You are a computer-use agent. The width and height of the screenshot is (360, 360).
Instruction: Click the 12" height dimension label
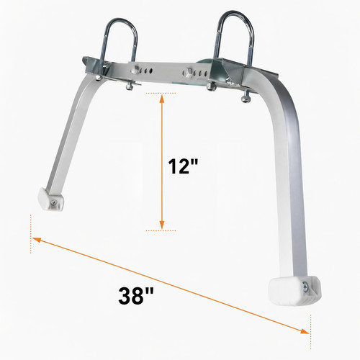coord(183,166)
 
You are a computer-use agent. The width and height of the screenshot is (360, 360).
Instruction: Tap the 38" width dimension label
coord(136,295)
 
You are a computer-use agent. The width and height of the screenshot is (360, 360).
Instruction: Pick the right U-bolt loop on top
coord(234,36)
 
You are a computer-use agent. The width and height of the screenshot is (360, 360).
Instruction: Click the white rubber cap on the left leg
coord(50,199)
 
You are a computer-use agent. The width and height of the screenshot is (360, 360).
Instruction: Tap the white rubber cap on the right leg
coord(294,291)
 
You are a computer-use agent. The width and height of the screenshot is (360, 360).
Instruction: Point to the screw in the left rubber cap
coord(54,203)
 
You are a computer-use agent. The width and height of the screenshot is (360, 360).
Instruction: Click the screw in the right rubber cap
coord(305,287)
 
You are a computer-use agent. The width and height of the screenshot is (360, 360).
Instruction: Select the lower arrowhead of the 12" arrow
coord(162,225)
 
